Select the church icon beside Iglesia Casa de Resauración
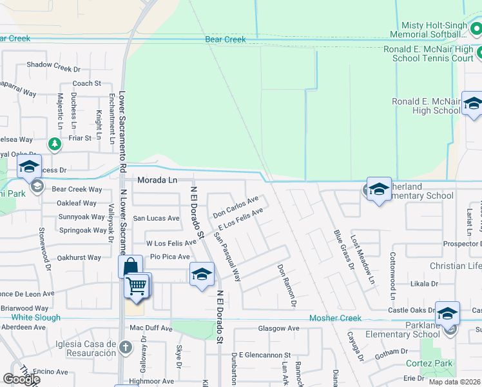[x=126, y=348]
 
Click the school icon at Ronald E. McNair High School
[x=473, y=104]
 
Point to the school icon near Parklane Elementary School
[x=447, y=313]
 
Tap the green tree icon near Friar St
[x=55, y=144]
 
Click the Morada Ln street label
[x=156, y=180]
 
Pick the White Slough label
[x=35, y=317]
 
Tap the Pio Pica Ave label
[x=169, y=257]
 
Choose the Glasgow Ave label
[x=278, y=328]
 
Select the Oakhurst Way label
[x=79, y=258]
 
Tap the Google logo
[x=21, y=379]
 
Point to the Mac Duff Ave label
[x=151, y=328]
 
